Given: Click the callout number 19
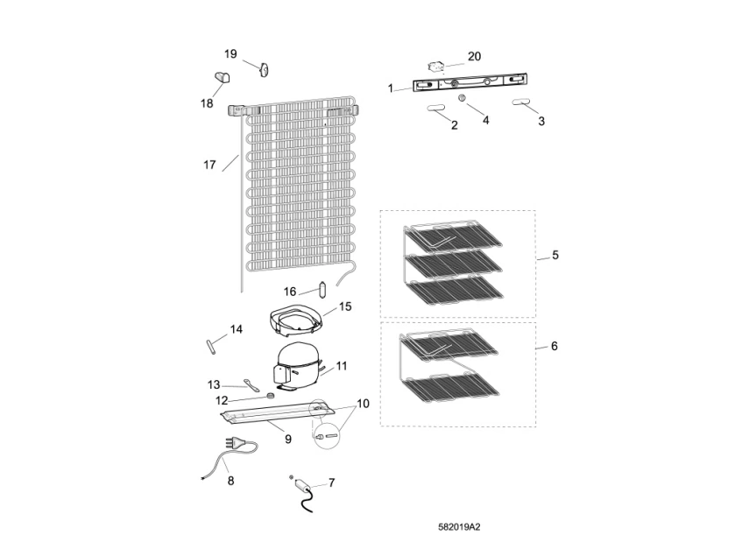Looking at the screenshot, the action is tap(230, 54).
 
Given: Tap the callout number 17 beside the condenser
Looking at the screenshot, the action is tap(209, 165).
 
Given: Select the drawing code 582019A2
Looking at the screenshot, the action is tap(459, 527).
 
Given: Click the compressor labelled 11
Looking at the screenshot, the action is tap(296, 365).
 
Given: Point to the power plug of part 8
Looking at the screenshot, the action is tap(237, 443).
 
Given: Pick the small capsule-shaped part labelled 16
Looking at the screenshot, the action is tap(322, 289).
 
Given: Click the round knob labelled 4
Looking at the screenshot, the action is tap(463, 98).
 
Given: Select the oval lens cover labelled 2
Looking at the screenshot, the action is tap(434, 109).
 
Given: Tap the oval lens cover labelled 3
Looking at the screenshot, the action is tap(519, 102).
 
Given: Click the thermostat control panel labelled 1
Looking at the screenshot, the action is tap(470, 82).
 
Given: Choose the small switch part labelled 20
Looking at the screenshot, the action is tap(435, 67).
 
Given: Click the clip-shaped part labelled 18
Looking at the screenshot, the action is tap(223, 76).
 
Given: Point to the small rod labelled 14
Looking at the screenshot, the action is tap(210, 347).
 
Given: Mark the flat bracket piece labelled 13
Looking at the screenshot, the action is tap(251, 385).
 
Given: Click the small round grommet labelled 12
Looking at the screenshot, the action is tap(271, 395).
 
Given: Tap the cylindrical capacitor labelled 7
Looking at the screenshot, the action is tap(300, 483).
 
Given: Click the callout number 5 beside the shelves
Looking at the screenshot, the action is tap(555, 256).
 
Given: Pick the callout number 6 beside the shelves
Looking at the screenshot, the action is tap(555, 347).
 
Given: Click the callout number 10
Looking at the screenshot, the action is tap(363, 404).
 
